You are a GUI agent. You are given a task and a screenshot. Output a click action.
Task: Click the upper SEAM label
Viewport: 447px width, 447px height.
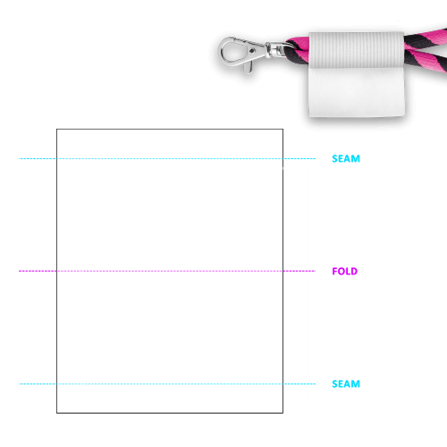346,158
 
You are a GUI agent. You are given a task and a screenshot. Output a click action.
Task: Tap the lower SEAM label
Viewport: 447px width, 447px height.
346,384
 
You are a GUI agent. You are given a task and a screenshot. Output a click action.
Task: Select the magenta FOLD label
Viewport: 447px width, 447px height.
345,271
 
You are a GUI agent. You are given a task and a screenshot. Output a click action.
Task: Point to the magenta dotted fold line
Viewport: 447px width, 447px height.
167,271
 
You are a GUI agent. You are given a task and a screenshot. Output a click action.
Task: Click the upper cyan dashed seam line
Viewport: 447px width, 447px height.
167,158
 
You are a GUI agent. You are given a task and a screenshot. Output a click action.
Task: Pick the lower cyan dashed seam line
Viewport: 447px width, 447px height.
167,384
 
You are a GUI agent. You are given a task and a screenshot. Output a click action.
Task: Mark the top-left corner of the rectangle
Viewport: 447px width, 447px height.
56,129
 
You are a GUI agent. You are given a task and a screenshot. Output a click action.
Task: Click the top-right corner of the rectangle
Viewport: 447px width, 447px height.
283,129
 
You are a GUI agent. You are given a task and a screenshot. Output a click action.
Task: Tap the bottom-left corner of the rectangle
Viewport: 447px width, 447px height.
56,413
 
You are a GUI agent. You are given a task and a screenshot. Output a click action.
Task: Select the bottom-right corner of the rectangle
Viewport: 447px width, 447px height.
283,413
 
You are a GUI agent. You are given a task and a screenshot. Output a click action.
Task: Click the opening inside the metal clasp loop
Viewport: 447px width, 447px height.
233,51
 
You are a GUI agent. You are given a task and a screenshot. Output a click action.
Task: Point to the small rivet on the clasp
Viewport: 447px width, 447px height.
252,51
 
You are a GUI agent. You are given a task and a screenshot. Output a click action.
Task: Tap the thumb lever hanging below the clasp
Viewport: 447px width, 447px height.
248,67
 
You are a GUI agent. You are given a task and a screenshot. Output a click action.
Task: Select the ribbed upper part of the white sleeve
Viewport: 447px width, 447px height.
357,50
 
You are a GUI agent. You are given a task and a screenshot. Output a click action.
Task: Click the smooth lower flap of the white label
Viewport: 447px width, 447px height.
357,92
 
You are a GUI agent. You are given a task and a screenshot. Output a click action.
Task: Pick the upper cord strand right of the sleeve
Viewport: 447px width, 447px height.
426,38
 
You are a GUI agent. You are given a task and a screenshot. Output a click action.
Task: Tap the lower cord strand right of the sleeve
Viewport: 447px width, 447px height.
426,61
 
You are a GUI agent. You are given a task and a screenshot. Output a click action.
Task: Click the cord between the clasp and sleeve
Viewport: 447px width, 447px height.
298,50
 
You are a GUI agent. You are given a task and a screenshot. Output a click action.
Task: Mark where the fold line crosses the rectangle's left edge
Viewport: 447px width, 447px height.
56,271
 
